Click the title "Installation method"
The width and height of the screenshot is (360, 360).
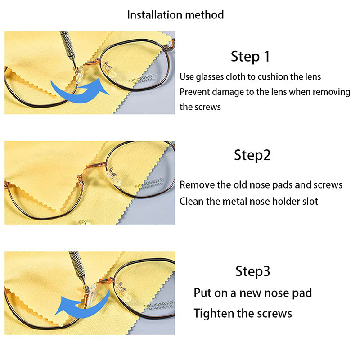[x=175, y=14]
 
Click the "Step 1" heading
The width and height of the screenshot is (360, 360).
[x=250, y=57]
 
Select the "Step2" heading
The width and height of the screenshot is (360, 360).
[x=252, y=155]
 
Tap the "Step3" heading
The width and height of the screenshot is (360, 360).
[x=252, y=271]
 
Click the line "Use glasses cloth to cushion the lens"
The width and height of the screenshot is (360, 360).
[x=250, y=77]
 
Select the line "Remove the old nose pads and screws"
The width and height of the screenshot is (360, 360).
[x=261, y=185]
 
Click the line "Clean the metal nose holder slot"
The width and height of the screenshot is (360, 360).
[x=248, y=201]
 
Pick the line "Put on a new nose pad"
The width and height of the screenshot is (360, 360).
[x=252, y=293]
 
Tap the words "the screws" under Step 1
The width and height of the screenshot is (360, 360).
[x=200, y=107]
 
